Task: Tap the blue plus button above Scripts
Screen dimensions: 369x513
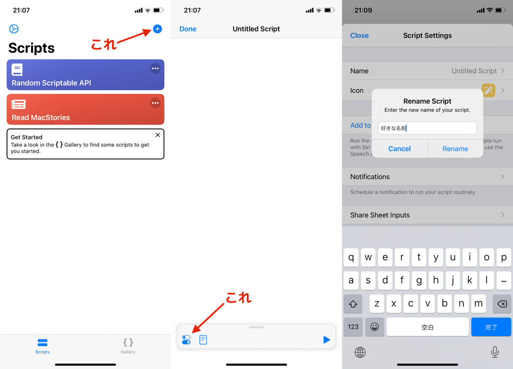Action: (x=157, y=29)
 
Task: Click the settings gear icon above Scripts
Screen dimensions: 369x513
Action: (x=14, y=29)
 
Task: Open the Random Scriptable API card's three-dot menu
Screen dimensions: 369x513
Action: (x=155, y=68)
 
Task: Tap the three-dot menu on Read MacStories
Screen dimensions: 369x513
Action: (x=155, y=103)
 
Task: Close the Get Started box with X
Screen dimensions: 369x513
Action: (x=158, y=135)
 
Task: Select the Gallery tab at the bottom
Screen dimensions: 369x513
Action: (x=128, y=345)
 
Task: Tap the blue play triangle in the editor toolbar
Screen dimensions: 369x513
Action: (x=327, y=340)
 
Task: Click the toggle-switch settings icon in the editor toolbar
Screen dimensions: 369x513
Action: (x=186, y=340)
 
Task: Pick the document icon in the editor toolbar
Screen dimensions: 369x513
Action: (x=203, y=340)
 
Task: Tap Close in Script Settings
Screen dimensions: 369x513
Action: (x=359, y=35)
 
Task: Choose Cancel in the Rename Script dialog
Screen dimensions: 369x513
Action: (x=399, y=148)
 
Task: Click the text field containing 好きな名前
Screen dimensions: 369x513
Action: (x=427, y=128)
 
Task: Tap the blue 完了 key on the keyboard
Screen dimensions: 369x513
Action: (x=491, y=327)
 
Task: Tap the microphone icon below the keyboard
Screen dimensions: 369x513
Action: (x=494, y=352)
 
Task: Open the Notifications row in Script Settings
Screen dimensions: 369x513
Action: (x=427, y=176)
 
